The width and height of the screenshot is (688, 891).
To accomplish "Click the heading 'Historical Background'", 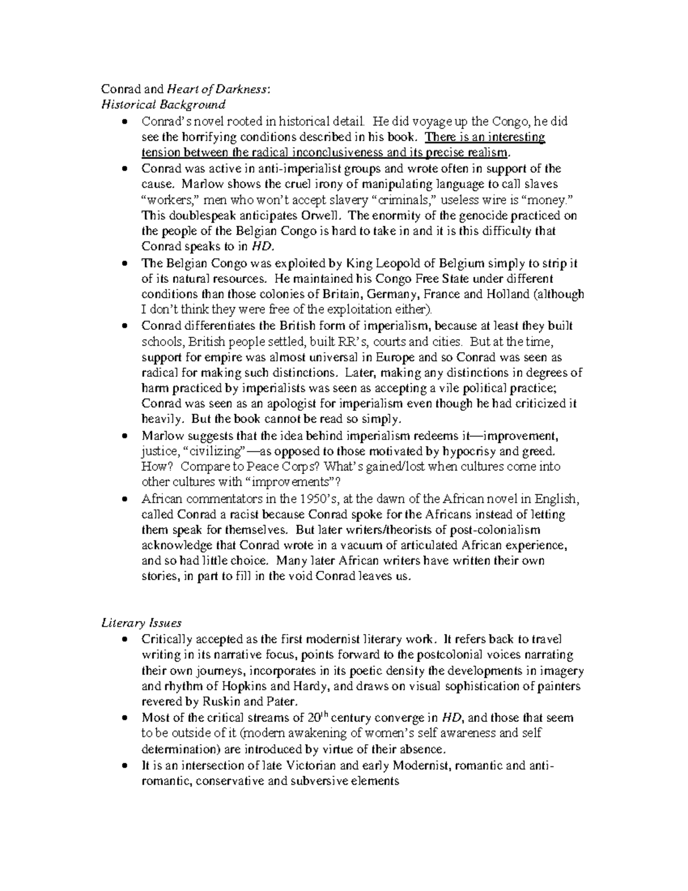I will coord(163,104).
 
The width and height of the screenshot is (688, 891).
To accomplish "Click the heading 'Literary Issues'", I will coord(141,622).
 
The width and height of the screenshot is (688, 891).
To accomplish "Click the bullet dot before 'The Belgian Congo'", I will coord(125,264).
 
